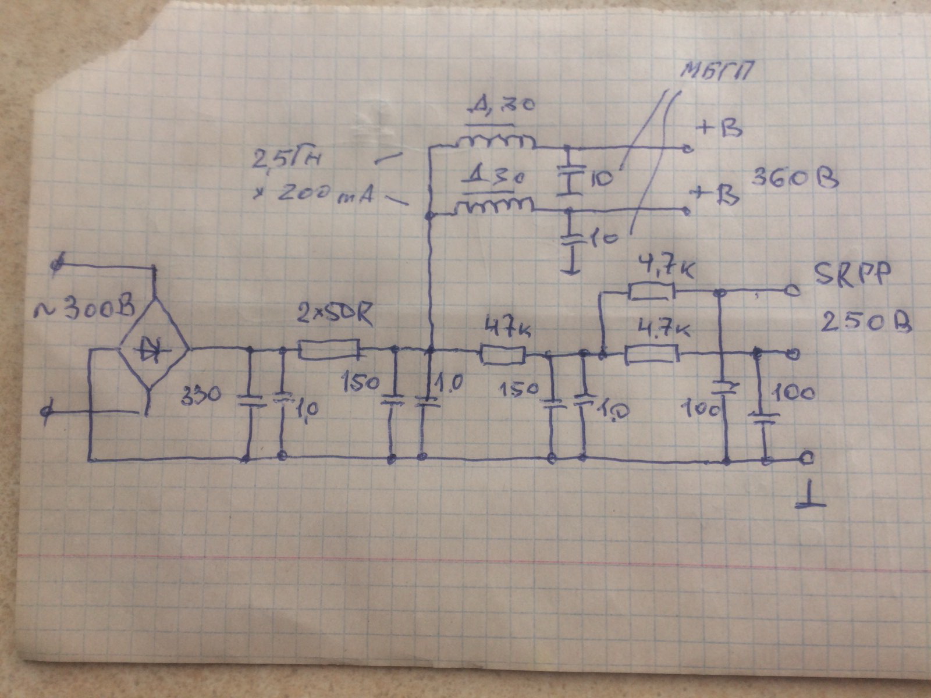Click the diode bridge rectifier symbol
tap(154, 349)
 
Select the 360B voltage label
tap(794, 178)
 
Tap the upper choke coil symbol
tap(495, 141)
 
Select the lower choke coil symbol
tap(494, 205)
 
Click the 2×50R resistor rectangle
tap(329, 350)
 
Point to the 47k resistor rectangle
tap(502, 354)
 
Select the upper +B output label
tap(720, 128)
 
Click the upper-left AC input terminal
tap(57, 265)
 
